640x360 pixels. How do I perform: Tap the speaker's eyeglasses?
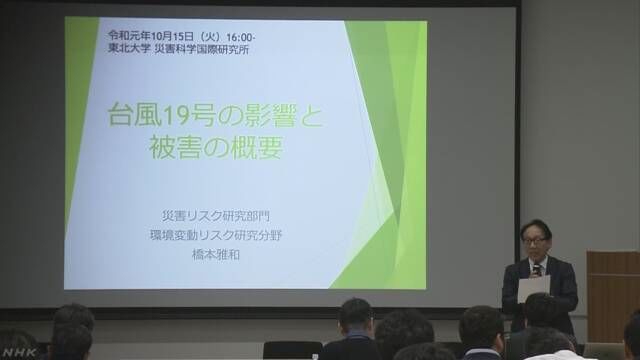coord(534,241)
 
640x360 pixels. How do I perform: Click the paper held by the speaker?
coord(533,287)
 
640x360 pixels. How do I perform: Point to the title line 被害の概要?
coord(213,149)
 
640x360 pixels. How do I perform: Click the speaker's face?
coord(534,244)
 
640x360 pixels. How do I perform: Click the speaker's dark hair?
coord(534,229)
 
